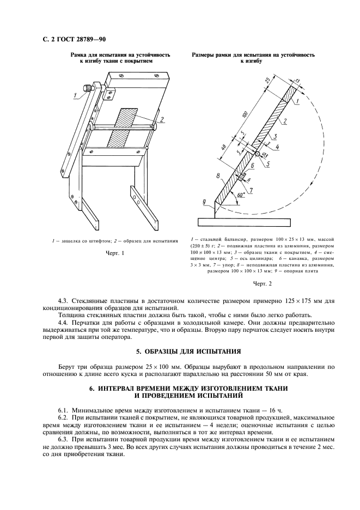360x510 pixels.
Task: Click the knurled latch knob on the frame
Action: coord(87,88)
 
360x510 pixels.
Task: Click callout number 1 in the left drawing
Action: coord(74,96)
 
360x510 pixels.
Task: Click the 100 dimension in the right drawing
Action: coord(243,116)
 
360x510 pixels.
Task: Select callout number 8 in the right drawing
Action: coord(217,176)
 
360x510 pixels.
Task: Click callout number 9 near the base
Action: coord(205,202)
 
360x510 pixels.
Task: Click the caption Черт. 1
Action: coord(115,253)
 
